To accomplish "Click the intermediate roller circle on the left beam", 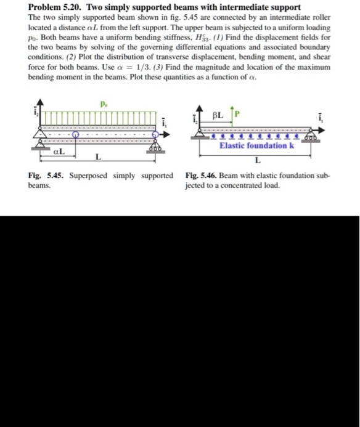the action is tap(75, 133).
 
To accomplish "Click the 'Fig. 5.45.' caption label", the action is tap(44, 176).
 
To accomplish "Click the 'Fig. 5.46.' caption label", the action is tap(200, 176).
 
